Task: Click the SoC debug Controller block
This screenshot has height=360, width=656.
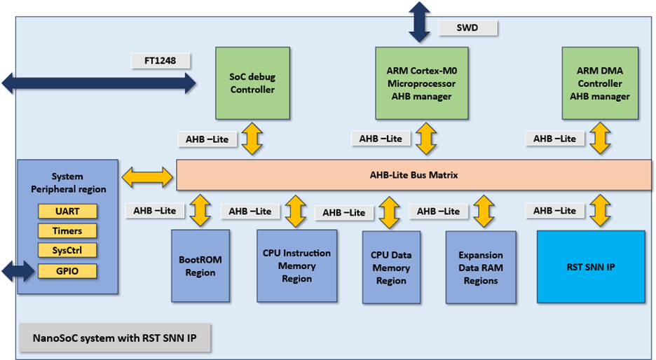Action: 252,83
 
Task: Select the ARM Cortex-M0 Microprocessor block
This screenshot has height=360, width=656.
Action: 421,83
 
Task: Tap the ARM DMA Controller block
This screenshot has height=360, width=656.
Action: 600,83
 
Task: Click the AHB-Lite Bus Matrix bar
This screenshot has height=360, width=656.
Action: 414,175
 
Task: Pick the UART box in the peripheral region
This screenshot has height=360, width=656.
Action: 67,211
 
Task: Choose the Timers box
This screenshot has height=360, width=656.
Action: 67,231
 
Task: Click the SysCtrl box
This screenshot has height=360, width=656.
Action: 67,251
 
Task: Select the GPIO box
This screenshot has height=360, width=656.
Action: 67,271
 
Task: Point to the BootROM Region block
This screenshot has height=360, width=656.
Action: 200,265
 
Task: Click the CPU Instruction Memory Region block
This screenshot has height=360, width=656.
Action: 296,265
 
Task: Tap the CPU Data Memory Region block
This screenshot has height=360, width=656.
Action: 391,267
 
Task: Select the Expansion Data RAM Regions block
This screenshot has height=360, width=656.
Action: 481,267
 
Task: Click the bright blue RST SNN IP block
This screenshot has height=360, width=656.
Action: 591,267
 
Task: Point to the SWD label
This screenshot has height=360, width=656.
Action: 467,28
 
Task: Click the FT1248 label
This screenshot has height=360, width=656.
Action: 160,61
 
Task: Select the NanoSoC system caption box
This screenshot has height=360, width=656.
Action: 115,338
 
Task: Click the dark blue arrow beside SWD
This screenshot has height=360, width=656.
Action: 419,22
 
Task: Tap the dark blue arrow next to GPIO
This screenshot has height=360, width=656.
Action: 18,271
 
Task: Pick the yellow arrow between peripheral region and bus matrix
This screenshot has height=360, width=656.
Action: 147,177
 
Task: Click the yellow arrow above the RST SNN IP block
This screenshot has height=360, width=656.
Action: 601,210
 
